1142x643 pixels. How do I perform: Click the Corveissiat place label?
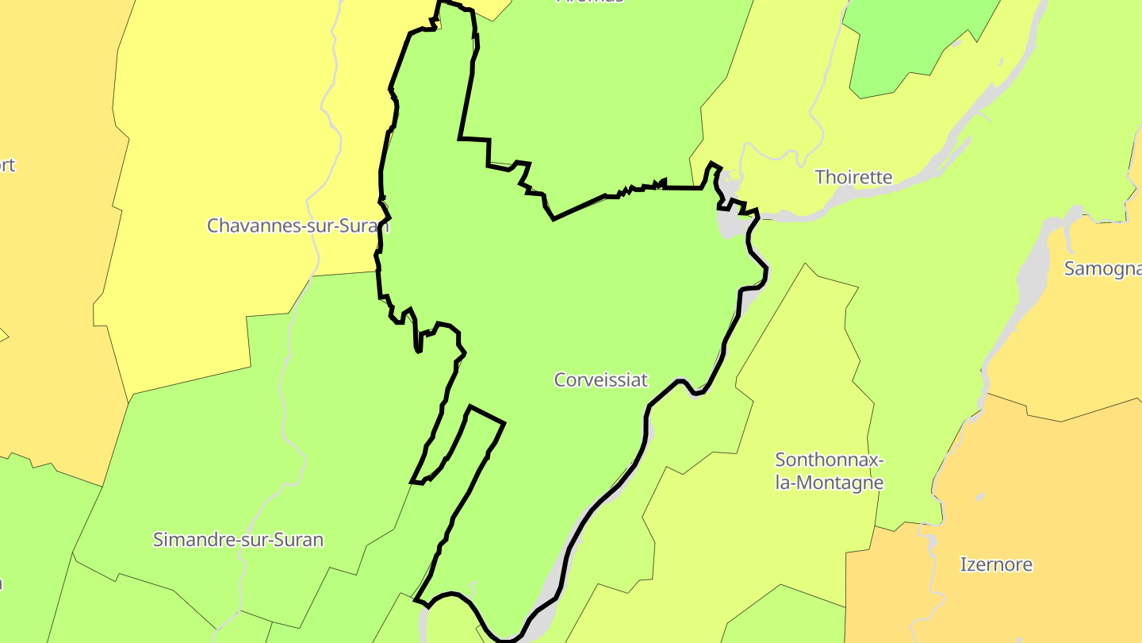[600, 380]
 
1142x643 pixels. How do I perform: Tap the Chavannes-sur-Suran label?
[297, 225]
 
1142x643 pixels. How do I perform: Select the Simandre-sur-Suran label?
[238, 541]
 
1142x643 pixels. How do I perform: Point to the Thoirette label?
[853, 177]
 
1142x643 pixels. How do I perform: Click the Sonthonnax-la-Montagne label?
[829, 471]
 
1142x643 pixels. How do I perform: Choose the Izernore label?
[996, 565]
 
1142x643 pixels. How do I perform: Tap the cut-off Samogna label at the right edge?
[1102, 269]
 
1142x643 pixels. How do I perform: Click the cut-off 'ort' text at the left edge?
[7, 166]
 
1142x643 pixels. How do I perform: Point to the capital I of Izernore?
[963, 565]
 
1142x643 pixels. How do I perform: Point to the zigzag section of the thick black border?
[634, 189]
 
